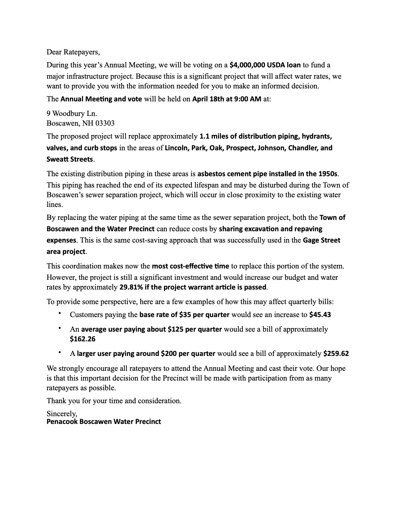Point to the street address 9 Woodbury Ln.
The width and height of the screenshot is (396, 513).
pos(72,114)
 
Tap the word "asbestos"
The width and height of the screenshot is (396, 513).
pos(211,174)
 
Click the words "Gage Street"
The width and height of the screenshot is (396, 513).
pos(322,240)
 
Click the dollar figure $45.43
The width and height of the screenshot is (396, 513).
pos(320,315)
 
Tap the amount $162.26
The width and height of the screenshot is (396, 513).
pos(82,339)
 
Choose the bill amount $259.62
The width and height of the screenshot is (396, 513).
pos(336,354)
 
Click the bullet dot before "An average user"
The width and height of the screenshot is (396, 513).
pos(60,328)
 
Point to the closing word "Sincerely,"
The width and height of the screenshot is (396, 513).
pos(62,414)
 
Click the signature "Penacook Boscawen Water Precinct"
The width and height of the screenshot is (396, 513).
pos(104,422)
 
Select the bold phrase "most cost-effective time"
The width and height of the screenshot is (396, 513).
pos(190,266)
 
